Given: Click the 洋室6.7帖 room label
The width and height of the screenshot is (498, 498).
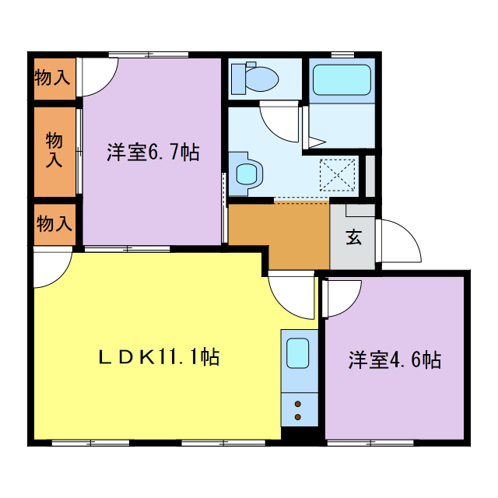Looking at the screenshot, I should [153, 153].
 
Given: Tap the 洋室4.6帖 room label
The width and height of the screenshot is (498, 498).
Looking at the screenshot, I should [395, 360].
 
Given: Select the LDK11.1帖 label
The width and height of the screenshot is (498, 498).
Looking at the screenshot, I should [158, 357].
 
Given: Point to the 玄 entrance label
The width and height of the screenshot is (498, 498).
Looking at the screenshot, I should [353, 238].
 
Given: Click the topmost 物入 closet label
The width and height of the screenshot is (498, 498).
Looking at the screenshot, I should [53, 78].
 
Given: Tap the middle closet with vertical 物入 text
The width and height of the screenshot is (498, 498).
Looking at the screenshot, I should [54, 149].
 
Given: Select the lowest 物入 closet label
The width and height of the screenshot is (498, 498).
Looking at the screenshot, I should [54, 225].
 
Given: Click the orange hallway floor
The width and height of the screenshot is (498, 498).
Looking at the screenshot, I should [279, 233].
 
